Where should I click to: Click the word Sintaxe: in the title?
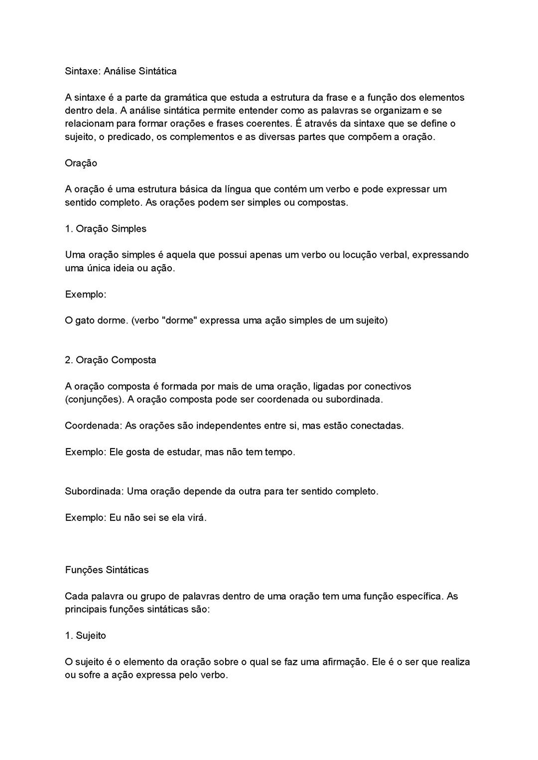click(83, 71)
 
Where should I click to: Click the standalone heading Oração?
click(81, 163)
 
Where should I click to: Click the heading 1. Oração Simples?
click(106, 229)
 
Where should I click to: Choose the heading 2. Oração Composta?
click(111, 360)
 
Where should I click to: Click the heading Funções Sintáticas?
click(107, 570)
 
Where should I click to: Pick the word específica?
click(417, 596)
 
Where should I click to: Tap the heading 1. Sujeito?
click(85, 636)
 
